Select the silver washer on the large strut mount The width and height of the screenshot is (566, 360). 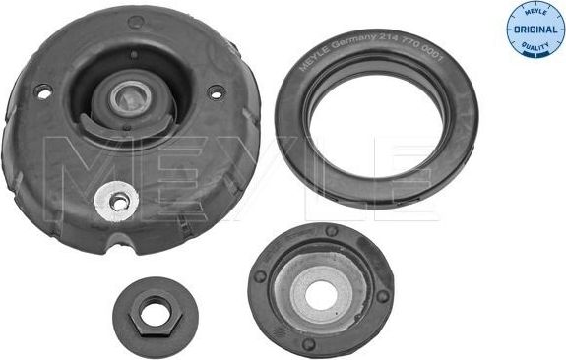click(117, 201)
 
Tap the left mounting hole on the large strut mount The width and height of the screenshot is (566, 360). click(41, 90)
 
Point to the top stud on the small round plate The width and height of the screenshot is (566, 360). click(332, 232)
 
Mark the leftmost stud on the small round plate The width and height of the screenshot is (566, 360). click(261, 277)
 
